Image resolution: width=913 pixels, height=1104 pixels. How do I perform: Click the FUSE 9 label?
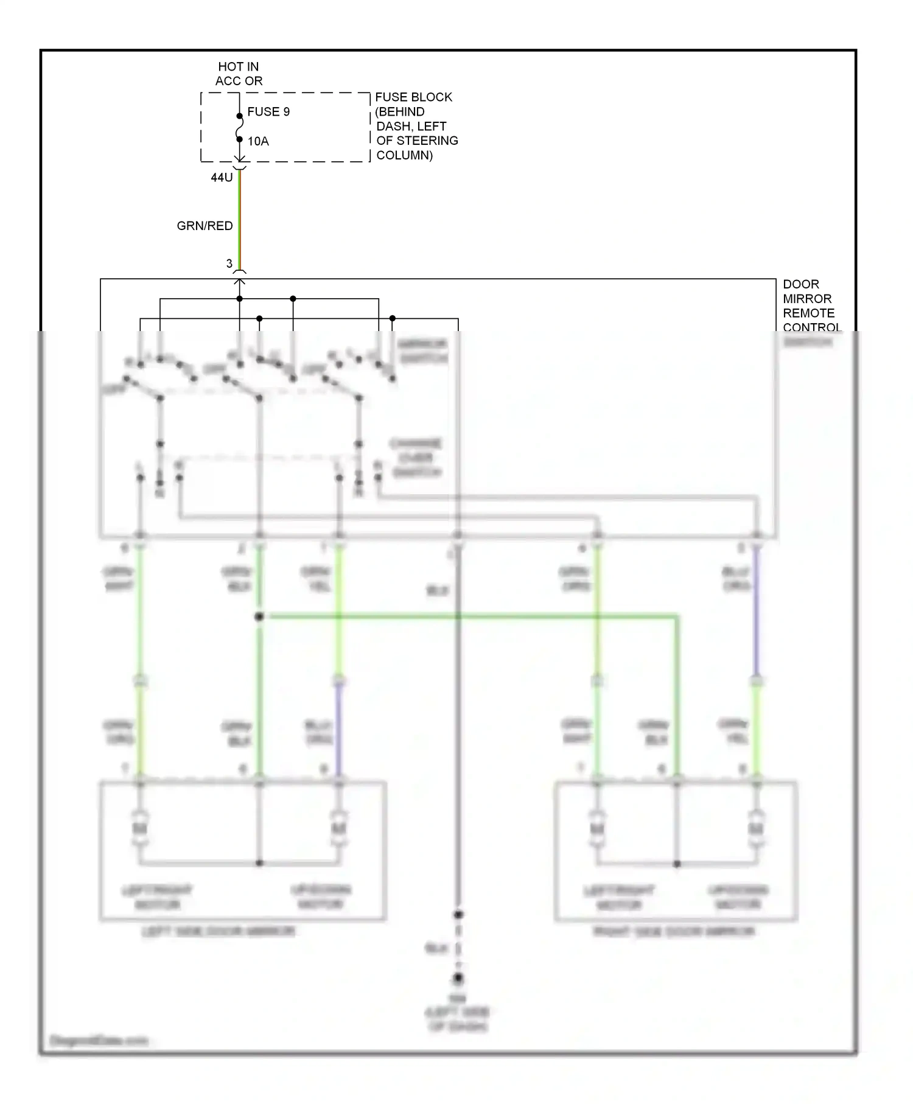click(268, 112)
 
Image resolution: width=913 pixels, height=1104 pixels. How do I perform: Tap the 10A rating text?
click(258, 141)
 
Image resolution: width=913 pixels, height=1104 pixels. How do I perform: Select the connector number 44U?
click(222, 178)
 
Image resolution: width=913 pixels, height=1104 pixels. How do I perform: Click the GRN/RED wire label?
click(205, 226)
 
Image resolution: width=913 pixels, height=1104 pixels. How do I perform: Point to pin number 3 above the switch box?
click(229, 264)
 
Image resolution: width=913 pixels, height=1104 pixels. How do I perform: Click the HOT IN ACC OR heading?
click(239, 74)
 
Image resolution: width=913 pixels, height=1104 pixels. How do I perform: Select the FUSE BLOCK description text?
click(416, 126)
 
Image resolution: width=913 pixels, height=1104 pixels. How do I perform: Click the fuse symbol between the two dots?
click(239, 127)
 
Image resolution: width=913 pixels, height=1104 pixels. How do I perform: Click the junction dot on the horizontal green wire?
click(259, 617)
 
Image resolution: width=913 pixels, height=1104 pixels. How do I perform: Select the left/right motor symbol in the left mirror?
click(141, 829)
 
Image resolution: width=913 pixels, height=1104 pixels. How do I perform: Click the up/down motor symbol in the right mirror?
click(756, 829)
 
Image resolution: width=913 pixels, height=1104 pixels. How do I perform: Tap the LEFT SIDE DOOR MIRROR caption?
click(219, 932)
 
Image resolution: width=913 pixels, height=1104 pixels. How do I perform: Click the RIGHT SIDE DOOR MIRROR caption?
click(674, 932)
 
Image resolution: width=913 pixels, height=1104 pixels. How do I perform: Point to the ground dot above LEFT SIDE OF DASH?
click(458, 978)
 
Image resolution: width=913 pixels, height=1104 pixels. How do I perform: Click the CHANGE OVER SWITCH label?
click(416, 458)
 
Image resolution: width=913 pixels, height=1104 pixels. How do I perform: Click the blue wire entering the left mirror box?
click(339, 730)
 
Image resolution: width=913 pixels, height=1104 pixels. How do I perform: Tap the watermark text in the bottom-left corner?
click(99, 1041)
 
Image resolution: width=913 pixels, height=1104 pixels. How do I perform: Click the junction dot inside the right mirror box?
click(677, 864)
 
